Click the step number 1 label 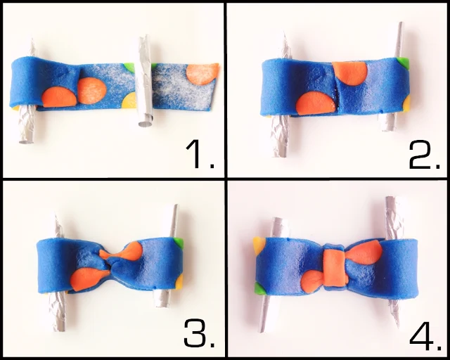click(x=200, y=155)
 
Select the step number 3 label click(x=199, y=334)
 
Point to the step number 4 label click(x=425, y=336)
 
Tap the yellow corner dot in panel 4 click(x=259, y=245)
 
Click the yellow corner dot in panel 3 click(x=179, y=282)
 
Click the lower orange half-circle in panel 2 click(x=316, y=103)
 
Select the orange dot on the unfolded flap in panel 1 click(x=202, y=74)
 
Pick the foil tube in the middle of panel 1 click(x=146, y=81)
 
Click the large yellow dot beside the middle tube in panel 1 click(x=129, y=100)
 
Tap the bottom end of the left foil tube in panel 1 click(x=26, y=141)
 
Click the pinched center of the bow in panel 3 click(x=110, y=263)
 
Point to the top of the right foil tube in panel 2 click(x=401, y=23)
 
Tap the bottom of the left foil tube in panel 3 click(x=59, y=329)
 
